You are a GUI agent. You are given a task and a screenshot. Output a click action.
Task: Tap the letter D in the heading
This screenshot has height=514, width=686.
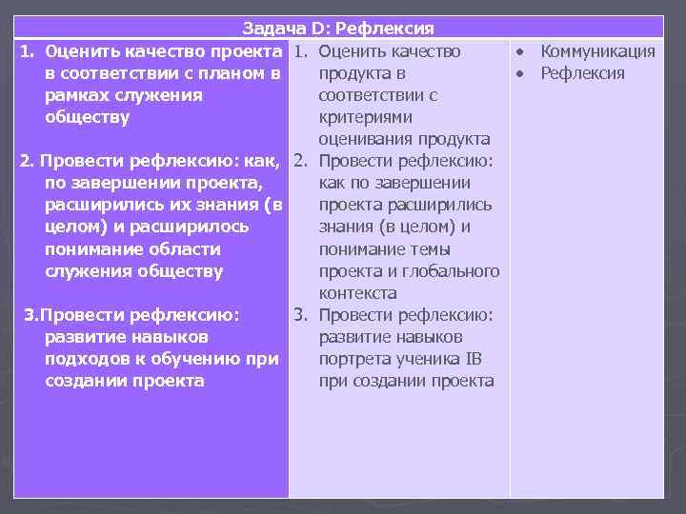click(313, 30)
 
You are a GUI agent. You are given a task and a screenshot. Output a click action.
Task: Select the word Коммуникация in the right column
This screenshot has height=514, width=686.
click(597, 51)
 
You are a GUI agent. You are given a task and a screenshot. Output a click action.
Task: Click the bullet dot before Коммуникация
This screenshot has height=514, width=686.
click(521, 51)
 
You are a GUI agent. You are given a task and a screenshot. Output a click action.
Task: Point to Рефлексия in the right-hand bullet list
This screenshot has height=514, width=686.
click(582, 73)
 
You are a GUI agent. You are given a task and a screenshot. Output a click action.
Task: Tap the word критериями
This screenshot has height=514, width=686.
click(366, 117)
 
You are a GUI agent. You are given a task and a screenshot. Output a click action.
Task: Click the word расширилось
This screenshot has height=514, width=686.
click(201, 227)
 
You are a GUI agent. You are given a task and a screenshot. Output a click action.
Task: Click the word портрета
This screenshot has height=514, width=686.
click(354, 359)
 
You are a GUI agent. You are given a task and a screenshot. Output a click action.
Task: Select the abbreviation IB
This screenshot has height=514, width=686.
click(474, 359)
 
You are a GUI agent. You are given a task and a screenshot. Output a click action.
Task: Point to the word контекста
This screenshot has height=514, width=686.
click(358, 293)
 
